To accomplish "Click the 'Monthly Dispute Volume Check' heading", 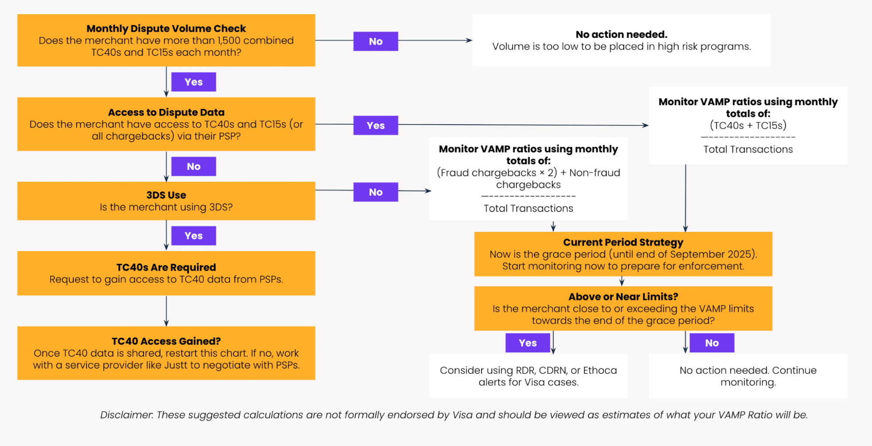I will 166,29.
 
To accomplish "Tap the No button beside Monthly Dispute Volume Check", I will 376,41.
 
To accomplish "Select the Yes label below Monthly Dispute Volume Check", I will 193,82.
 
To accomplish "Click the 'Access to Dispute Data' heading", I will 166,112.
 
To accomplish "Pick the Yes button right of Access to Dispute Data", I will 376,126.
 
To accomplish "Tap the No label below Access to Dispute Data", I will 193,167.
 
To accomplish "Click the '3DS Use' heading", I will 166,195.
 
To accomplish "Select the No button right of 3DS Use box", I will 376,192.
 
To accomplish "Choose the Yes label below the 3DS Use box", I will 193,236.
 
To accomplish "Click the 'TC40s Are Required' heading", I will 166,267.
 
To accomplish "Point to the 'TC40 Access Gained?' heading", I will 166,341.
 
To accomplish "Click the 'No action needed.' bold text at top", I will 621,34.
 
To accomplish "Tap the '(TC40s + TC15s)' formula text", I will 748,126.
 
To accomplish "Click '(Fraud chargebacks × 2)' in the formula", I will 497,173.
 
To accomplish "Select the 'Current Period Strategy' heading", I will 623,242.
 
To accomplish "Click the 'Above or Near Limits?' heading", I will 623,297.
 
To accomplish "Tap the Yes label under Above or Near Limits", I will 527,343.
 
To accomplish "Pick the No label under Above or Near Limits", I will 711,343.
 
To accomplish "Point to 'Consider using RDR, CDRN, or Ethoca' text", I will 528,371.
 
